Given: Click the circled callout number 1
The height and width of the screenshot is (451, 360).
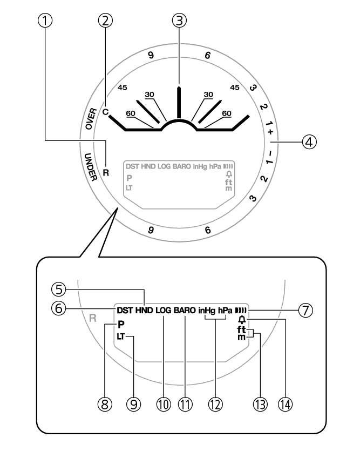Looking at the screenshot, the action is click(x=45, y=21).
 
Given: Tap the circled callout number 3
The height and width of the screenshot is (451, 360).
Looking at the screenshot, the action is click(x=179, y=21).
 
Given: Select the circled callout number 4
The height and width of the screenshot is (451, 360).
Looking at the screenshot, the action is click(x=309, y=142).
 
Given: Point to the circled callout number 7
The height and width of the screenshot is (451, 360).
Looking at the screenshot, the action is click(x=305, y=311).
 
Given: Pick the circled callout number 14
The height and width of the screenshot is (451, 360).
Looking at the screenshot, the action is click(x=285, y=405).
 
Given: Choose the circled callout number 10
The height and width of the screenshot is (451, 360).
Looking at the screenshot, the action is click(x=164, y=405).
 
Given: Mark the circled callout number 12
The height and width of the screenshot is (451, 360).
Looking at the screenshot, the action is click(x=215, y=405).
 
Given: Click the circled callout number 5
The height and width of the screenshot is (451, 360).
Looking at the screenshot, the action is click(x=59, y=290).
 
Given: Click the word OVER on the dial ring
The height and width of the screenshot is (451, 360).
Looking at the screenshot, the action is click(x=91, y=118).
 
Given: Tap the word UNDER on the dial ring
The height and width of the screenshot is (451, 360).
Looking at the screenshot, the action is click(x=91, y=167).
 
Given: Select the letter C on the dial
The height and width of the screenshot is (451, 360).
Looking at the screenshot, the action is click(x=105, y=112).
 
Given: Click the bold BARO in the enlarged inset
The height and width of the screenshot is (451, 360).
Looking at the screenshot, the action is click(x=185, y=311).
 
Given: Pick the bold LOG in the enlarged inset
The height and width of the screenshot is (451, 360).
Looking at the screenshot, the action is click(x=163, y=311).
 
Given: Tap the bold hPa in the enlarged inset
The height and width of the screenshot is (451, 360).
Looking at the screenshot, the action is click(x=225, y=311).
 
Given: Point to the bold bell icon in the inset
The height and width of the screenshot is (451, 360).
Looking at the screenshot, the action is click(x=242, y=320).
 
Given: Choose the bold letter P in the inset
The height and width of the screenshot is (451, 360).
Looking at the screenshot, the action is click(x=121, y=325).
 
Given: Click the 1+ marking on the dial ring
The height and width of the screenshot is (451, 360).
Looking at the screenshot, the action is click(x=269, y=128).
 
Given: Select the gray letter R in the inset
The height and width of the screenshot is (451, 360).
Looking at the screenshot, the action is click(x=92, y=318).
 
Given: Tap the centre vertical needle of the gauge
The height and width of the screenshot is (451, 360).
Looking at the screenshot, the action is click(x=179, y=102).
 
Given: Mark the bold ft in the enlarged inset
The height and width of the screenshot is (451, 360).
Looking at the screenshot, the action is click(x=241, y=329).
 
